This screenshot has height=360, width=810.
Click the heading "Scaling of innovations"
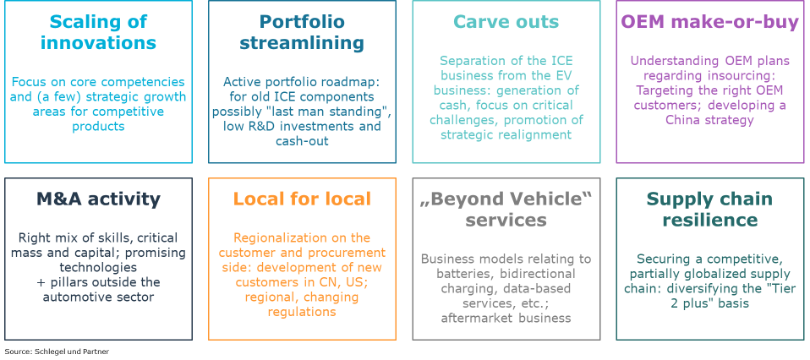[98, 32]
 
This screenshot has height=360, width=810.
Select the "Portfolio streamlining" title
[302, 32]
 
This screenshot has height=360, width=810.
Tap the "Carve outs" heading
[506, 22]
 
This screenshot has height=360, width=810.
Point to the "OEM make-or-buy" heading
[709, 22]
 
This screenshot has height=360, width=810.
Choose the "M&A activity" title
[98, 199]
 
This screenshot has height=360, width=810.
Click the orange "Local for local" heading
[302, 199]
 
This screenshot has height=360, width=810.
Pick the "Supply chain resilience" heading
[709, 210]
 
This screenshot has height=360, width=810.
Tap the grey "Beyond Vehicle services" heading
[506, 210]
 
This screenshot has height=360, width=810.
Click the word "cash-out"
[302, 141]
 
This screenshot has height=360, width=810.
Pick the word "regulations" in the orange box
[302, 312]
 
